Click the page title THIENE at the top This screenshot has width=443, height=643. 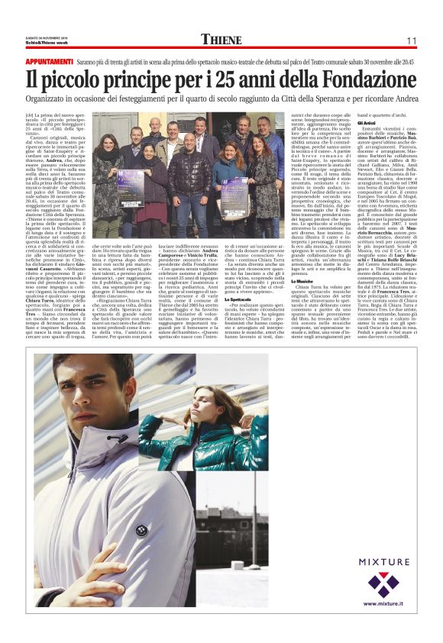coord(221,39)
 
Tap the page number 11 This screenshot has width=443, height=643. coord(411,40)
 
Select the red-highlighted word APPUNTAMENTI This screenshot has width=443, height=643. coord(49,60)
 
